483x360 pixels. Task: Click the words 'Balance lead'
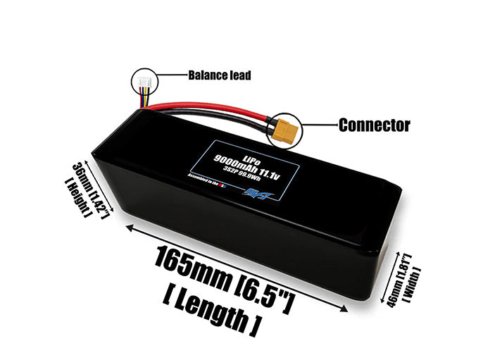(219, 75)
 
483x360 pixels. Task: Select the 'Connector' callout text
(373, 126)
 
